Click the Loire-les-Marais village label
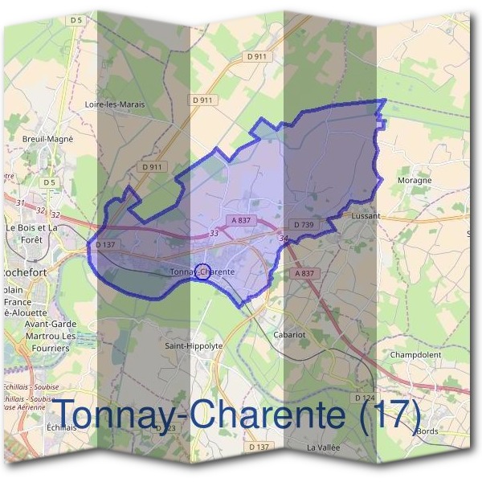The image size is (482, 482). pos(115,104)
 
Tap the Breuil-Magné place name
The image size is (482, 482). pos(48,138)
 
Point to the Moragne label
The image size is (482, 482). pos(415,181)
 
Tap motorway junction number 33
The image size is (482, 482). pos(214,233)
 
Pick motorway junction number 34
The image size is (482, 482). pos(284,239)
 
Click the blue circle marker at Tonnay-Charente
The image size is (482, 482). pos(203,271)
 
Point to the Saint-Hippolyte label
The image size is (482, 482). pos(194,345)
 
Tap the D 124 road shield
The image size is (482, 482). pos(366,398)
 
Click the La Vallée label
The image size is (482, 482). pos(324,446)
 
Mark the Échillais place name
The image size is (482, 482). pos(61,428)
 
